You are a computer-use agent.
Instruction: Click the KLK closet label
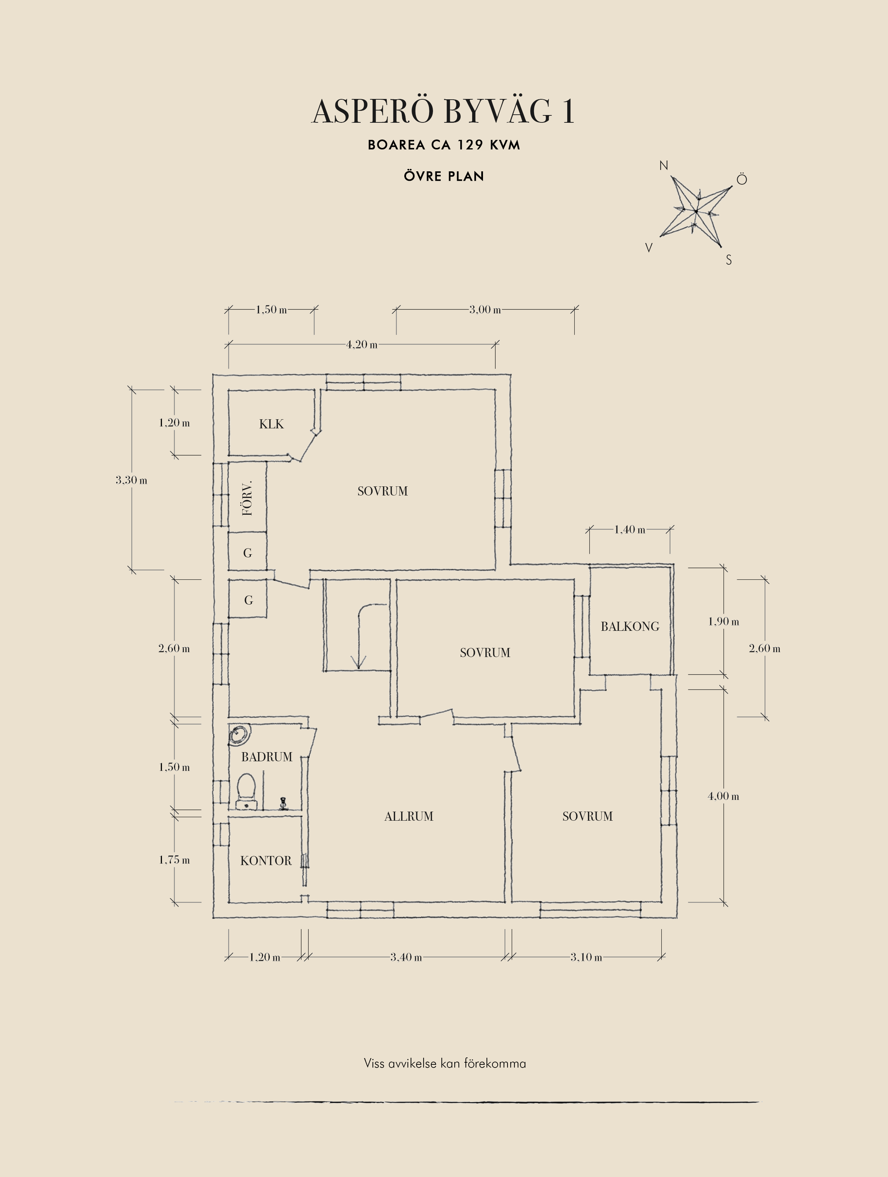pyautogui.click(x=271, y=424)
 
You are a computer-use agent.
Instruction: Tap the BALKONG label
pyautogui.click(x=630, y=627)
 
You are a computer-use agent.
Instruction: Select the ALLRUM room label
pyautogui.click(x=409, y=816)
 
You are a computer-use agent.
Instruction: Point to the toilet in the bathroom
pyautogui.click(x=246, y=791)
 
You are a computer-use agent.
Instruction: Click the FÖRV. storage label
pyautogui.click(x=247, y=499)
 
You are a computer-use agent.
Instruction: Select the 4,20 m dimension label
pyautogui.click(x=362, y=345)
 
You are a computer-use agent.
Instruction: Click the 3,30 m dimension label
pyautogui.click(x=132, y=480)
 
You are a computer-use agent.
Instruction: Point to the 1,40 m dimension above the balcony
pyautogui.click(x=630, y=530)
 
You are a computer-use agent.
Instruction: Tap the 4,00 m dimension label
pyautogui.click(x=723, y=797)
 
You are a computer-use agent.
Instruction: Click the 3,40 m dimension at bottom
pyautogui.click(x=406, y=957)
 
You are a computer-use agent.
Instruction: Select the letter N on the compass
pyautogui.click(x=663, y=166)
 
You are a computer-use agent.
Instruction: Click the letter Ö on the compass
pyautogui.click(x=742, y=179)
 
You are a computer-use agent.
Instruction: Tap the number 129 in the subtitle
pyautogui.click(x=470, y=145)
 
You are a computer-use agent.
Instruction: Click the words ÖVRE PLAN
pyautogui.click(x=444, y=177)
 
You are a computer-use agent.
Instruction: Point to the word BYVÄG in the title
pyautogui.click(x=497, y=112)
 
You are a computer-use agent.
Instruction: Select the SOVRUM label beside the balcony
pyautogui.click(x=485, y=653)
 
